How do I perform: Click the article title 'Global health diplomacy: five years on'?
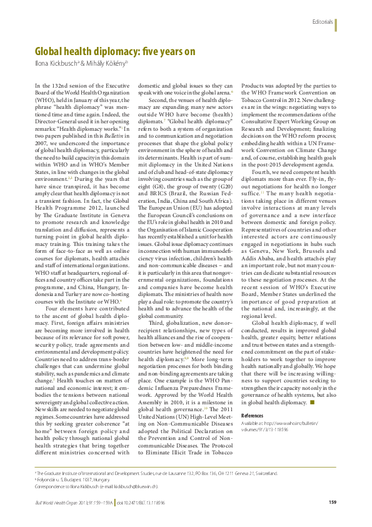[x=115, y=51]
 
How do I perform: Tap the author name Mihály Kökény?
[x=106, y=63]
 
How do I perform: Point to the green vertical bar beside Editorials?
[x=336, y=24]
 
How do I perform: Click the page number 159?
[x=333, y=503]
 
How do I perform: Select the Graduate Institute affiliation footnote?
[x=156, y=473]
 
